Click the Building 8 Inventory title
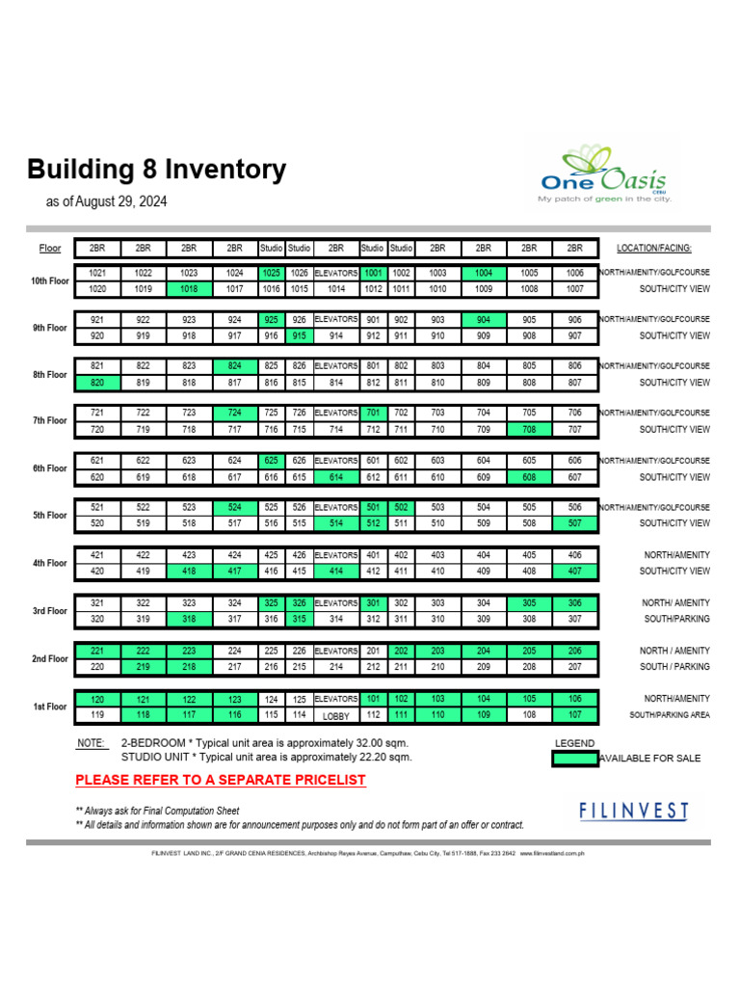[x=156, y=171]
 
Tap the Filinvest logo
[x=634, y=811]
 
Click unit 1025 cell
[x=271, y=273]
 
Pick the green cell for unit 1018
[x=189, y=288]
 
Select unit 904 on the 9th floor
[x=484, y=320]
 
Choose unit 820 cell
[x=97, y=383]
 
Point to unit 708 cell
[x=529, y=429]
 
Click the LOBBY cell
[x=335, y=716]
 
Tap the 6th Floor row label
[x=51, y=468]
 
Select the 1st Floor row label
[x=51, y=707]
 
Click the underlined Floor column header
[x=50, y=249]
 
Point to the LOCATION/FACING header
[x=654, y=249]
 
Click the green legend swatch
[x=575, y=758]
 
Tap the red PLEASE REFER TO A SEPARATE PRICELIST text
[x=221, y=780]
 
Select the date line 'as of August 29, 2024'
[x=107, y=202]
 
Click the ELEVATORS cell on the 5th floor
[x=335, y=507]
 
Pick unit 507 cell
[x=575, y=523]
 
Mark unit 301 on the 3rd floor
[x=373, y=602]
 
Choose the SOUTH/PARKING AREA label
[x=670, y=714]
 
